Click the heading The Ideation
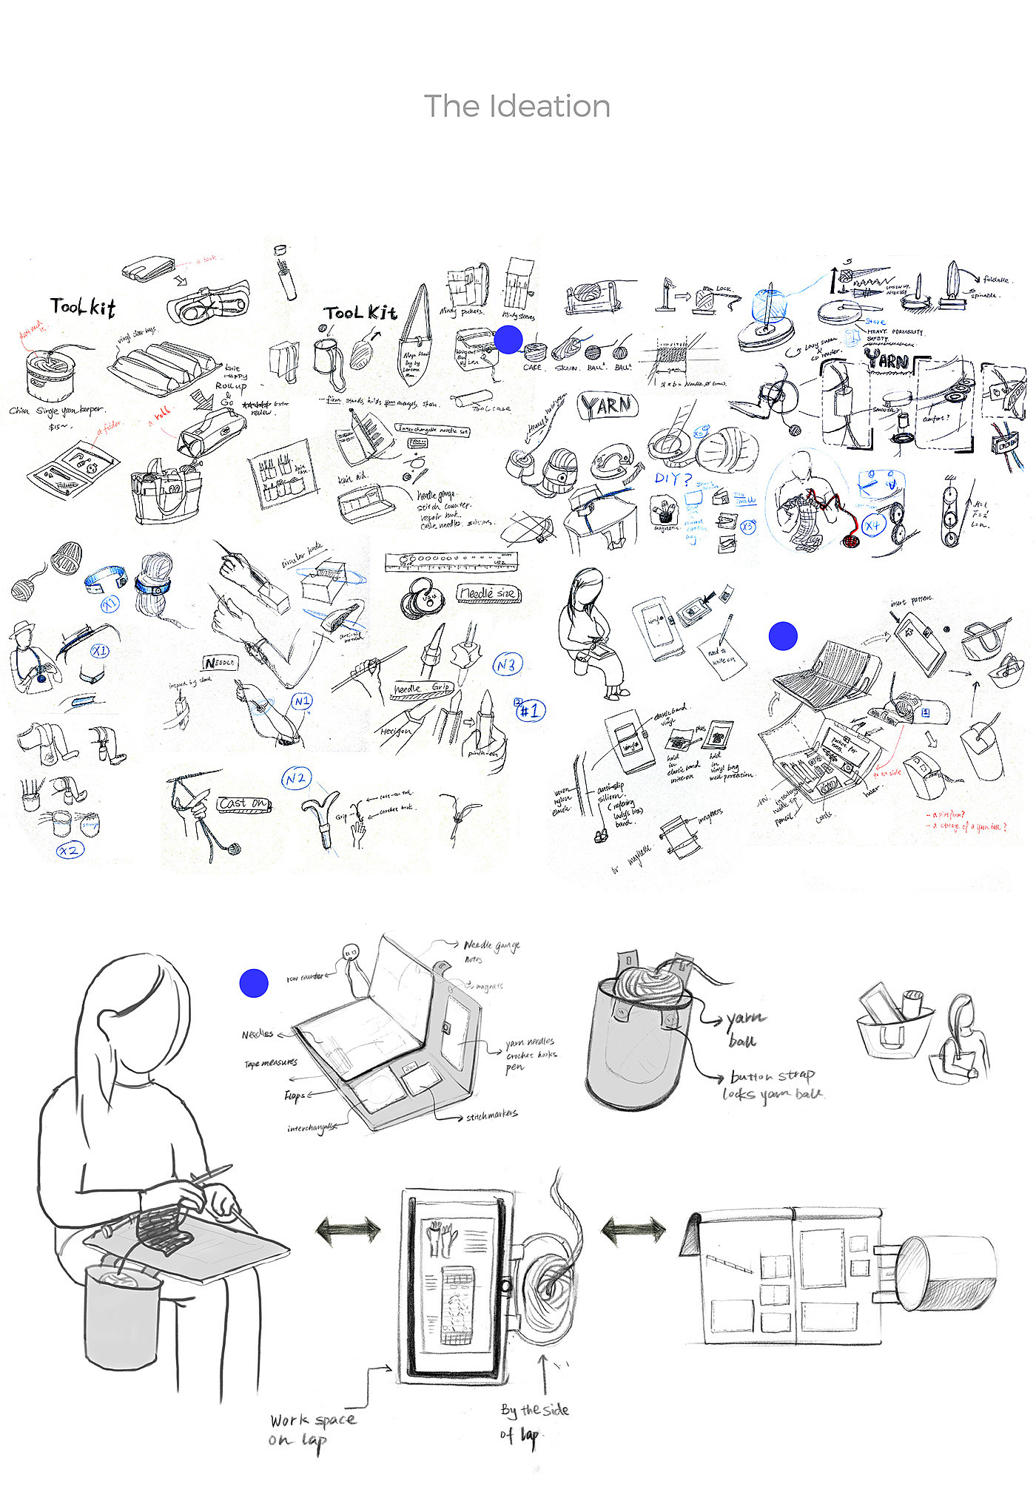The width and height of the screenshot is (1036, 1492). pos(517,107)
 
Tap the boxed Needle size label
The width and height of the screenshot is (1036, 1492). pos(488,593)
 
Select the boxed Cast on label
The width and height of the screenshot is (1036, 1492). pos(243,803)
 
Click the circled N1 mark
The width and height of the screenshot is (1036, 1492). pos(302,701)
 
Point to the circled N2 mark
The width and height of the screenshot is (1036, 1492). pos(296,778)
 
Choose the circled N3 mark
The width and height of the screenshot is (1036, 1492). pos(507,665)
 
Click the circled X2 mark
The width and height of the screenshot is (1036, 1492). pos(70,851)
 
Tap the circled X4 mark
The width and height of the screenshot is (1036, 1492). pos(873,526)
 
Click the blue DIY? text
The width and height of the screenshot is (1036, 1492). pos(672,479)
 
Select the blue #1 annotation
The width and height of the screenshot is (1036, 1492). pos(530,711)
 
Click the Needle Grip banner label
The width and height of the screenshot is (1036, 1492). pos(421,689)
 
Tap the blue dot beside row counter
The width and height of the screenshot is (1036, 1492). pos(254,983)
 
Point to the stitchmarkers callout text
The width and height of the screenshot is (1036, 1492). pos(492,1115)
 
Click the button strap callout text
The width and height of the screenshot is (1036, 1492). pos(772,1076)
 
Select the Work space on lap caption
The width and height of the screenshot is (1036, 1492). pos(312,1430)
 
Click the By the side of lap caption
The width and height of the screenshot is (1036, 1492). pos(533,1422)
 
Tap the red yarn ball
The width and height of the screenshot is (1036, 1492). pos(851,541)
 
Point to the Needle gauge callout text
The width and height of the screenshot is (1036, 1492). pos(491,945)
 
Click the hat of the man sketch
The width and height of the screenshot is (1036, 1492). pos(24,627)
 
